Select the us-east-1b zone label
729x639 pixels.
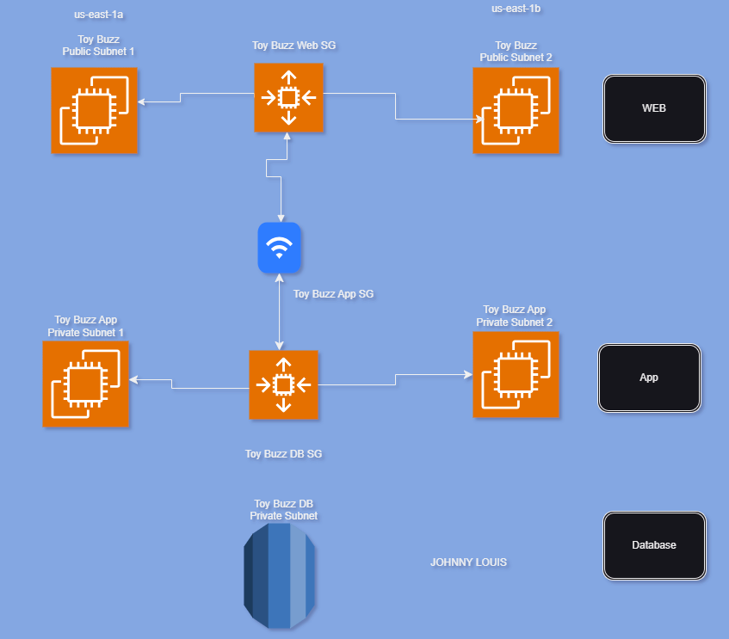click(516, 9)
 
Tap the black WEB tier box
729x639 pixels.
click(654, 108)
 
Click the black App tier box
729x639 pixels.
click(649, 378)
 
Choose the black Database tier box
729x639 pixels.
click(654, 545)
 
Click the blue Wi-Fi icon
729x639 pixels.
click(279, 248)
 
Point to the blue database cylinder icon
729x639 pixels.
click(279, 574)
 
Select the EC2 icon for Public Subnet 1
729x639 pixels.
click(95, 110)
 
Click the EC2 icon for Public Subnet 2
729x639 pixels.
click(516, 110)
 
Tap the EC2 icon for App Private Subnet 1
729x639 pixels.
click(86, 384)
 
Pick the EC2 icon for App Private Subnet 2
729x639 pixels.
click(516, 375)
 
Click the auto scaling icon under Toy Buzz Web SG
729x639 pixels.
click(288, 97)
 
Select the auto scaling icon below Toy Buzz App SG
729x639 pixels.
click(283, 384)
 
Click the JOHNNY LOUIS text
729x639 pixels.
click(468, 562)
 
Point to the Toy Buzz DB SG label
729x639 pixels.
click(283, 454)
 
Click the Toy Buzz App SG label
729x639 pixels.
click(333, 294)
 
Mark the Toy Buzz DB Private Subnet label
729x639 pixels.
click(283, 510)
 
